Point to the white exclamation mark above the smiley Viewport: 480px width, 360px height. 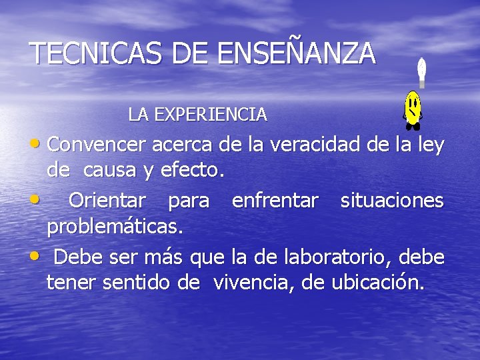tap(421, 73)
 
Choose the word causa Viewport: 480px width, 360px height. tap(118, 171)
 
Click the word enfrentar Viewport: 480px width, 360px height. tap(275, 200)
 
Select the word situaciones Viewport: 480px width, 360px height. tap(392, 200)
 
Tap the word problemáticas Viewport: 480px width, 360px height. tap(114, 227)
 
